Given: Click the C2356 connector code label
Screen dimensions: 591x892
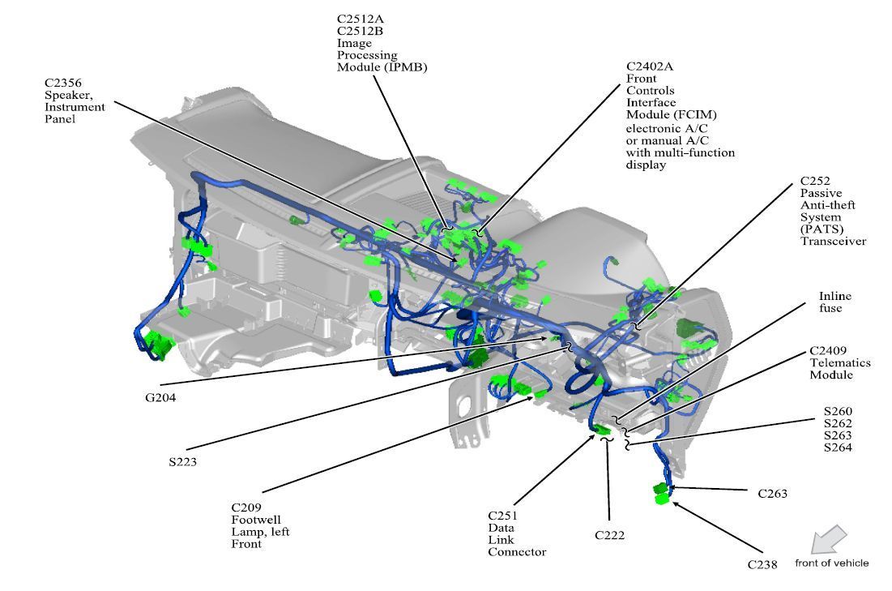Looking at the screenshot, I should click(65, 83).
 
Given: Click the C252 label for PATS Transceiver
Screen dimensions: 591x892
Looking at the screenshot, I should click(814, 182).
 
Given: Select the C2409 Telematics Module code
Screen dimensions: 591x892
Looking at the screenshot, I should click(828, 351).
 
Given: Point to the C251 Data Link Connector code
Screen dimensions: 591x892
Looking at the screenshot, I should click(503, 515).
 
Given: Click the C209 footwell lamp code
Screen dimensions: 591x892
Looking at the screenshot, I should click(248, 507).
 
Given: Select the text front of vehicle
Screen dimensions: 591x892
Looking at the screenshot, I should click(831, 563).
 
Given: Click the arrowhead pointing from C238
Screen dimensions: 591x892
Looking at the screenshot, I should click(676, 505).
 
